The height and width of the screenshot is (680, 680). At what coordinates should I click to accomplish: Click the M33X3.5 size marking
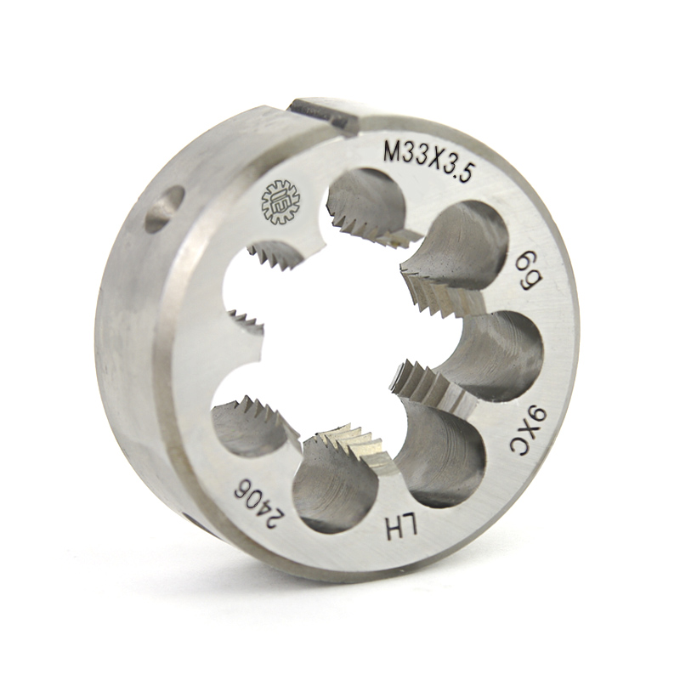coord(429,161)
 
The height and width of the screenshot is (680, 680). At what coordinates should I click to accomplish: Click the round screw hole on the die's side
coord(164,208)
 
